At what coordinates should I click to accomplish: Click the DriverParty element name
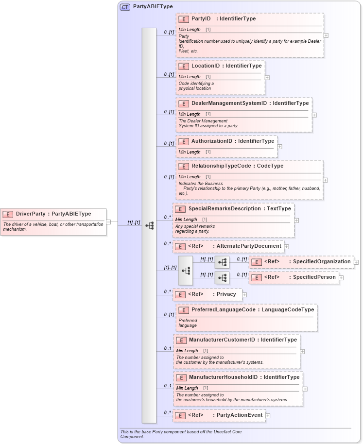[x=31, y=214]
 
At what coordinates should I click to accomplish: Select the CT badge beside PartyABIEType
[x=125, y=7]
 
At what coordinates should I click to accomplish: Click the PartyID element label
[x=201, y=19]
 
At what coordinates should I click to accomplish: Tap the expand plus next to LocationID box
[x=267, y=77]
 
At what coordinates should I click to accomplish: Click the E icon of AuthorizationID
[x=184, y=141]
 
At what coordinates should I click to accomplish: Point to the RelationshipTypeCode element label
[x=221, y=166]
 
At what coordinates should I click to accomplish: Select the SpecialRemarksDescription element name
[x=218, y=209]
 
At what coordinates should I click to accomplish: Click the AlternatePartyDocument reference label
[x=249, y=246]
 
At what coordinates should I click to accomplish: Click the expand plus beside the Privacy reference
[x=244, y=294]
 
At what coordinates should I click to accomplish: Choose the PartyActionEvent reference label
[x=239, y=415]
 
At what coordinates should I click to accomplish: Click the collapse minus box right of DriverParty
[x=108, y=222]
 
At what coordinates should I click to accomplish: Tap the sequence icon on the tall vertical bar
[x=149, y=225]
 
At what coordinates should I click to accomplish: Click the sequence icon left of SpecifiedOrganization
[x=222, y=262]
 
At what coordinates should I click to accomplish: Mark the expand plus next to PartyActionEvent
[x=268, y=416]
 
